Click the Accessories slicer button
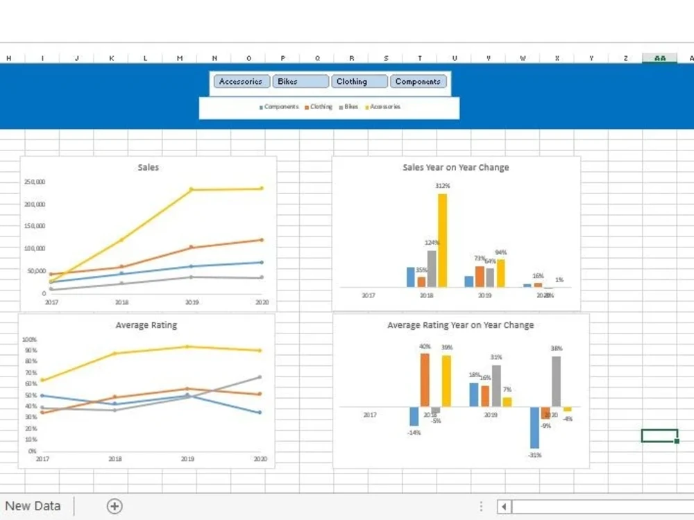[x=241, y=82]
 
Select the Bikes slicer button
[x=300, y=82]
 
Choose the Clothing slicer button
[x=359, y=82]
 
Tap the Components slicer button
[x=418, y=82]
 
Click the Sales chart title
[x=148, y=168]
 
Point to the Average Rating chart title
[x=146, y=325]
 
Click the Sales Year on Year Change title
[x=455, y=168]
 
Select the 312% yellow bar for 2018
[x=442, y=240]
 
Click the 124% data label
[x=432, y=243]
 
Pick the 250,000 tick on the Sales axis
[x=35, y=182]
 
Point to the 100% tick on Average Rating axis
[x=30, y=340]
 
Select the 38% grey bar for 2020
[x=556, y=381]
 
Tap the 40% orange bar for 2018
[x=425, y=379]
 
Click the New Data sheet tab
[x=33, y=506]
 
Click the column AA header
[x=659, y=58]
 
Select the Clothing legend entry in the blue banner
[x=319, y=107]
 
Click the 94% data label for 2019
[x=501, y=252]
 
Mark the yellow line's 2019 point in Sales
[x=192, y=189]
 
